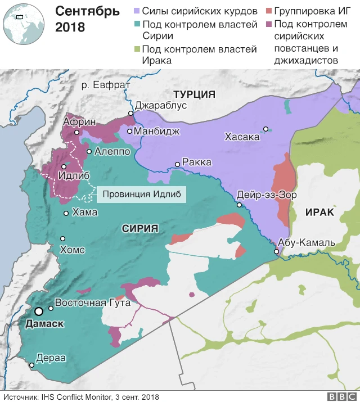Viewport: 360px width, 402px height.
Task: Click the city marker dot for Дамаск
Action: pyautogui.click(x=39, y=311)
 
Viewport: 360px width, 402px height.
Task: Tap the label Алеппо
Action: pyautogui.click(x=112, y=151)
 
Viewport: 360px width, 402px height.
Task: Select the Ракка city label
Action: pyautogui.click(x=197, y=162)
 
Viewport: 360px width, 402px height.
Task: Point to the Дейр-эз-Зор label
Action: pyautogui.click(x=267, y=194)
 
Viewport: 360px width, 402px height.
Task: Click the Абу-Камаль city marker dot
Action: pyautogui.click(x=276, y=252)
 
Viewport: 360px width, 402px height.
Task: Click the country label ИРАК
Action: pyautogui.click(x=319, y=212)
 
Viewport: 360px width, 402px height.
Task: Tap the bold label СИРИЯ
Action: pyautogui.click(x=139, y=228)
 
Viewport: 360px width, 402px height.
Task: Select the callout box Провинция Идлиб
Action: pyautogui.click(x=141, y=195)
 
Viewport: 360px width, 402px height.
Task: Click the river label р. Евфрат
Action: pyautogui.click(x=106, y=84)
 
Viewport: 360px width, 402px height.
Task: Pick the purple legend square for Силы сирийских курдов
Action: pyautogui.click(x=136, y=11)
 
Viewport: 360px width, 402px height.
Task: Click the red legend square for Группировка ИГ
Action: pyautogui.click(x=269, y=11)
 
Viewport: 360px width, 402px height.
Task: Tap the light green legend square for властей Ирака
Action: pyautogui.click(x=136, y=49)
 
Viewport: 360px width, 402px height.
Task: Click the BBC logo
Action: pyautogui.click(x=339, y=396)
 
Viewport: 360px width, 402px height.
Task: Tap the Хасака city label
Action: pyautogui.click(x=242, y=136)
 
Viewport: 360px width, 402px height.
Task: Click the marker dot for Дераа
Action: pyautogui.click(x=31, y=365)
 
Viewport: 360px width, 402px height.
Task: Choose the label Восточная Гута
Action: pyautogui.click(x=93, y=302)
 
